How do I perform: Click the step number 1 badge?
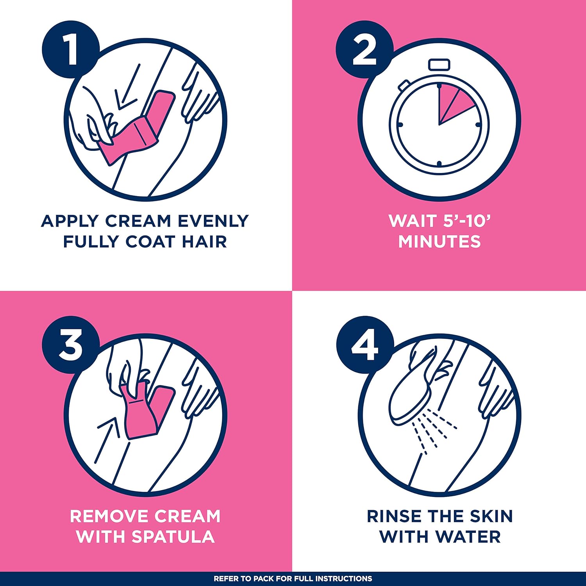click(71, 49)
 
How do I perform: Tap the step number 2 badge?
click(364, 49)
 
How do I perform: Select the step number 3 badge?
click(71, 345)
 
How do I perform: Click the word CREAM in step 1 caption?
click(138, 221)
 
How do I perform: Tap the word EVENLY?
click(213, 221)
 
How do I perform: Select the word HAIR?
click(204, 241)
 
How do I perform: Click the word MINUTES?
click(439, 241)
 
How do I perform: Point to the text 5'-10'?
click(467, 221)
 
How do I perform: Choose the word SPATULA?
click(173, 537)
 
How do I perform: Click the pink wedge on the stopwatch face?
click(453, 104)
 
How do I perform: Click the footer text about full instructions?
click(293, 579)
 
